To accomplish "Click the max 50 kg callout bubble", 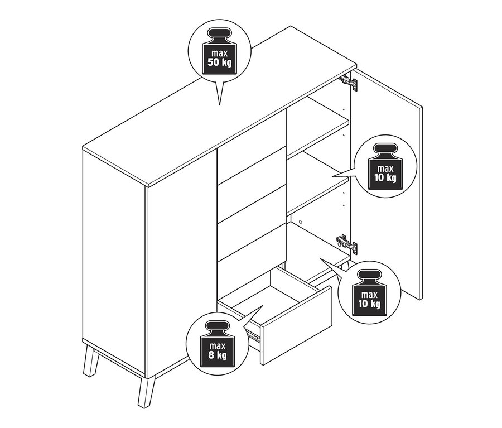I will point(219,52).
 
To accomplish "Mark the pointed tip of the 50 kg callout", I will point(220,104).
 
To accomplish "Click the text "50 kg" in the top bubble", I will point(219,62).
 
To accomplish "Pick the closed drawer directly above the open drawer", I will point(251,237).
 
